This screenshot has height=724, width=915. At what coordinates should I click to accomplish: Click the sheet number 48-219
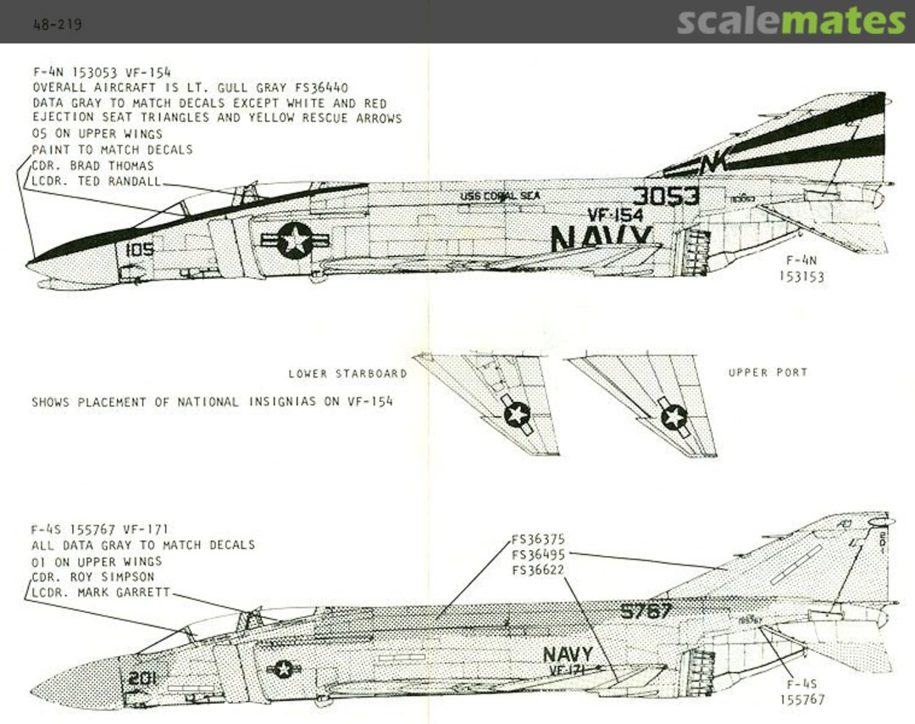[x=57, y=25]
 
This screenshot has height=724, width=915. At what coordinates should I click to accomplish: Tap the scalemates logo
[x=790, y=21]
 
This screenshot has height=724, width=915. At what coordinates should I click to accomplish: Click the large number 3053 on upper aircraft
[x=666, y=196]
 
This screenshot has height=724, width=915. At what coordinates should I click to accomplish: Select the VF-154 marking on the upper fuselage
[x=615, y=215]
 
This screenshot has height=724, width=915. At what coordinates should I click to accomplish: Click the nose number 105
[x=139, y=250]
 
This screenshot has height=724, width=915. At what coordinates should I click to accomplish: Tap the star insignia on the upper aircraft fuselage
[x=295, y=241]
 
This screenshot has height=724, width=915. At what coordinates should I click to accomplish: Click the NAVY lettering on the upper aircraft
[x=602, y=238]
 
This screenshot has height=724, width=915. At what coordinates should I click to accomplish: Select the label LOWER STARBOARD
[x=347, y=374]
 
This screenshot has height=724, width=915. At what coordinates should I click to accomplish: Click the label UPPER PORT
[x=768, y=372]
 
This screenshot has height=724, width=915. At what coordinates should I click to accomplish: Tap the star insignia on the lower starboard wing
[x=516, y=415]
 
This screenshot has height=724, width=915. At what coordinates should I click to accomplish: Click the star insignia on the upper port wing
[x=674, y=416]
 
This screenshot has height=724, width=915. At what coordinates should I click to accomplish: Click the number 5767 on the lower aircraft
[x=646, y=610]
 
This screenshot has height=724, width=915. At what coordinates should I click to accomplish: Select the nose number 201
[x=143, y=678]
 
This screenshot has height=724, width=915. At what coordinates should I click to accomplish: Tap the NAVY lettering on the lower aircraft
[x=568, y=654]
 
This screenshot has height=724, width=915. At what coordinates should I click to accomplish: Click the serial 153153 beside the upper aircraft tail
[x=801, y=277]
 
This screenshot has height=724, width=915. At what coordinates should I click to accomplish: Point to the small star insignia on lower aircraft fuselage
[x=284, y=669]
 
